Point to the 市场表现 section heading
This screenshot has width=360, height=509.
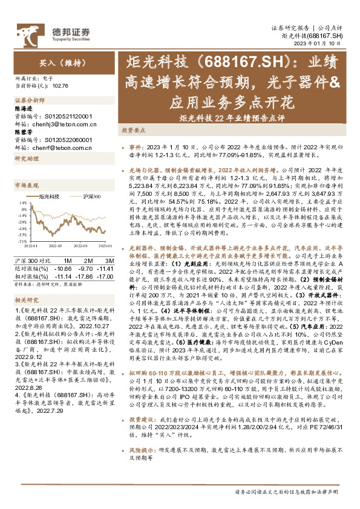click(x=26, y=185)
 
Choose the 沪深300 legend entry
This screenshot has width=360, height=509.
click(x=89, y=197)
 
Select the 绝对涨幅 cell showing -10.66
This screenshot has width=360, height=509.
click(x=63, y=267)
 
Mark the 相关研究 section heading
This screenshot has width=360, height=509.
click(x=26, y=299)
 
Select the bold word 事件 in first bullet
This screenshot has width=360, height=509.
click(x=136, y=147)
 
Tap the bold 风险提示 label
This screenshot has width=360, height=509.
click(x=141, y=450)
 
